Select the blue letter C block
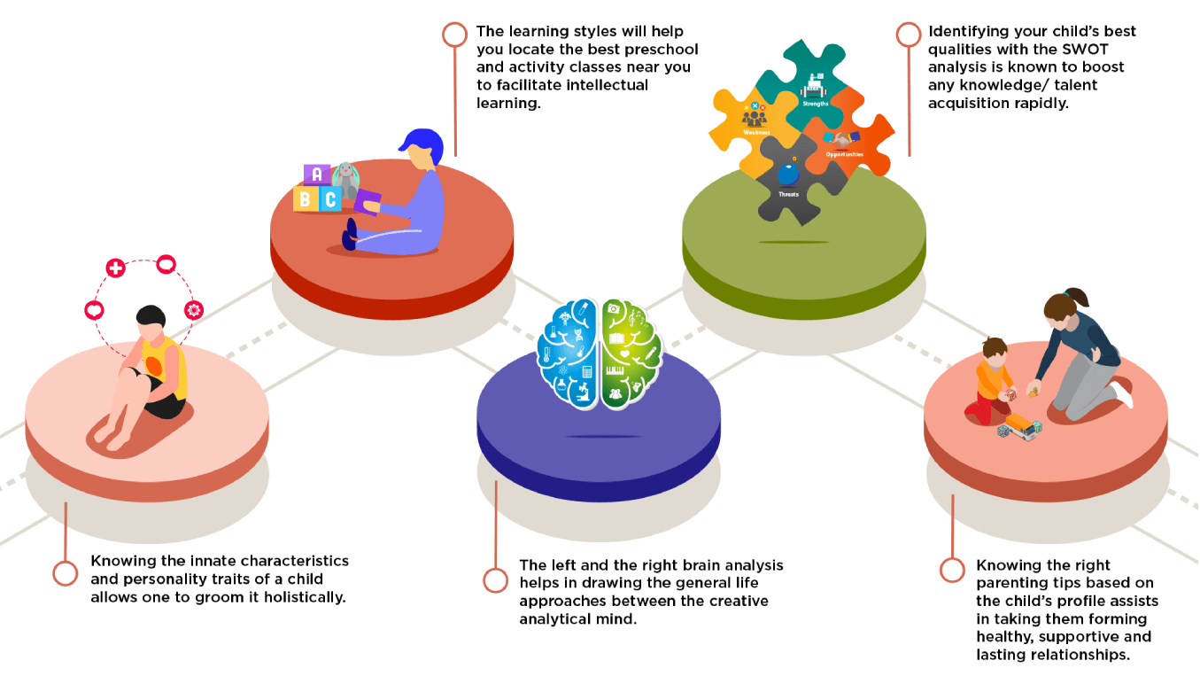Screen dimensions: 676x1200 [x=329, y=199]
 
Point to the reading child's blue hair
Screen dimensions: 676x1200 [x=422, y=143]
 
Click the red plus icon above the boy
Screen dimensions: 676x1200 [x=115, y=268]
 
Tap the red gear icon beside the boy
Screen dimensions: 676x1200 [x=194, y=310]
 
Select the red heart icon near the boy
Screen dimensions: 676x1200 [x=94, y=311]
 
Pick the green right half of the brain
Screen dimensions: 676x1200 [x=631, y=354]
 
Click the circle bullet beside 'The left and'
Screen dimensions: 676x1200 [x=496, y=580]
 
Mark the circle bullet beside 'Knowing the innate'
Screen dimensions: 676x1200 [x=66, y=573]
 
